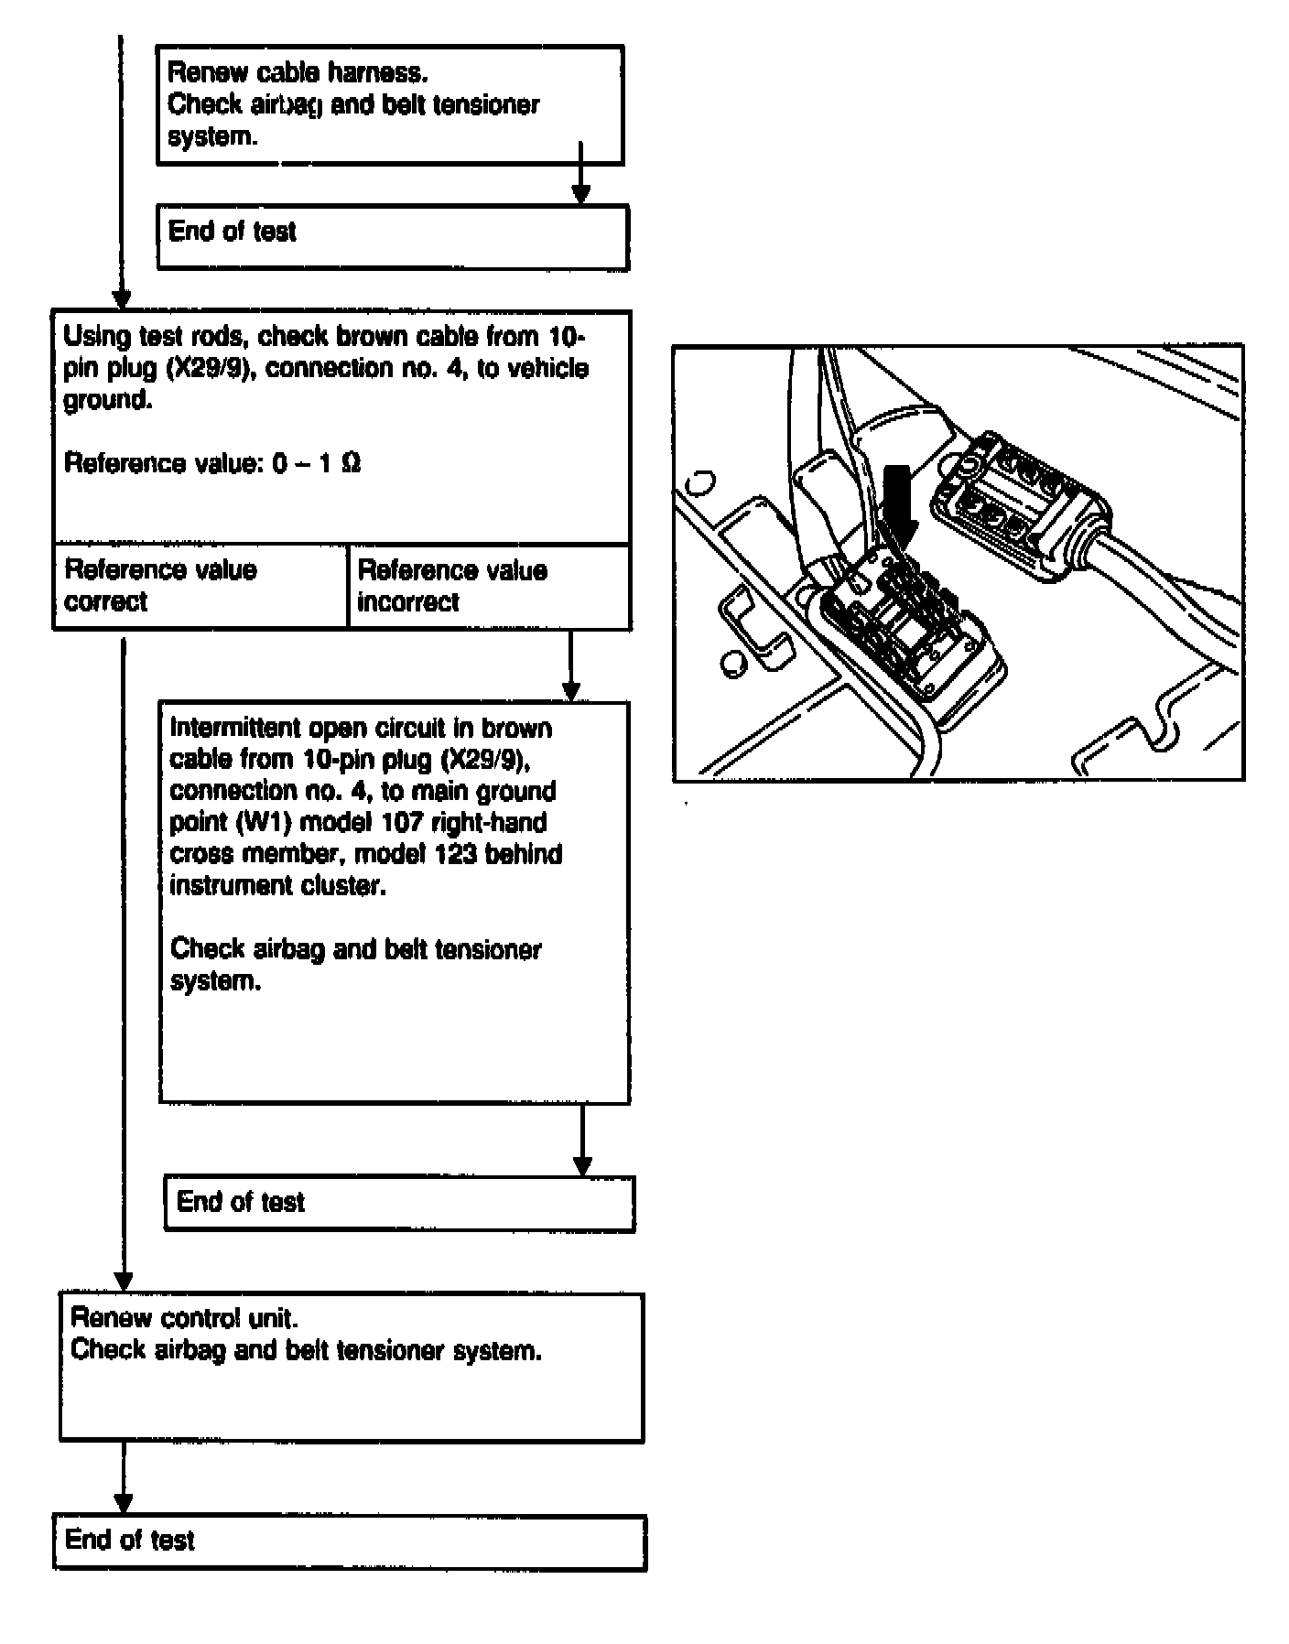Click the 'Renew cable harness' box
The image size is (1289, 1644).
(x=389, y=104)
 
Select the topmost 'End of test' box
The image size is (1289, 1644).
(x=392, y=236)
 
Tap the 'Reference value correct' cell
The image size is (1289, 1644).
(x=200, y=586)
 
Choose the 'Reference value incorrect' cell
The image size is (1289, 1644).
(x=490, y=586)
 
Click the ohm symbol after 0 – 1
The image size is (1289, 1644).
(x=350, y=463)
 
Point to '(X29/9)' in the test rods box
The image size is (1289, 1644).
(x=210, y=369)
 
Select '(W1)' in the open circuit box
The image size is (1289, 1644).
(x=258, y=823)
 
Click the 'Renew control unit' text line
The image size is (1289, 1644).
(x=184, y=1318)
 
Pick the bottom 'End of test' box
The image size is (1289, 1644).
(x=350, y=1542)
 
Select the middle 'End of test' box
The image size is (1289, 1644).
(x=398, y=1203)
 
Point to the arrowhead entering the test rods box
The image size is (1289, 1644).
(x=121, y=300)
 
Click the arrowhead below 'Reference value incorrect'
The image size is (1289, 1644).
(x=569, y=691)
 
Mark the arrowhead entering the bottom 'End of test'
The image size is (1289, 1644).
(x=123, y=1504)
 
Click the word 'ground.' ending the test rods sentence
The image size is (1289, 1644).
(x=106, y=400)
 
